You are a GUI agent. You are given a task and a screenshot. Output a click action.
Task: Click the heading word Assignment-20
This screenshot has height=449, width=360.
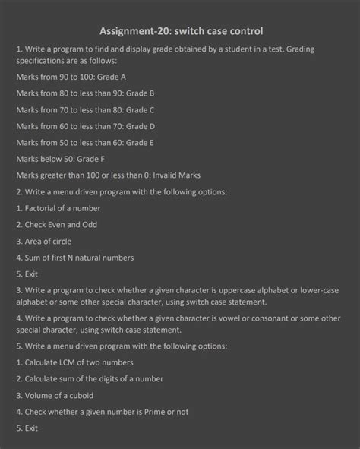click(134, 31)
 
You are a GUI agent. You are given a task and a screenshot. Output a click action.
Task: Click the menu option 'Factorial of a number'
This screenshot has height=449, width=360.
click(58, 208)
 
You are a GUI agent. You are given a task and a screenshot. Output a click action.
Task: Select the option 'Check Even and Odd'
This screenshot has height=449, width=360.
click(56, 225)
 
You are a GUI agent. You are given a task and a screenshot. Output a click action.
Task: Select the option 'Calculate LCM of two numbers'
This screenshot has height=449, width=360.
click(74, 362)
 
